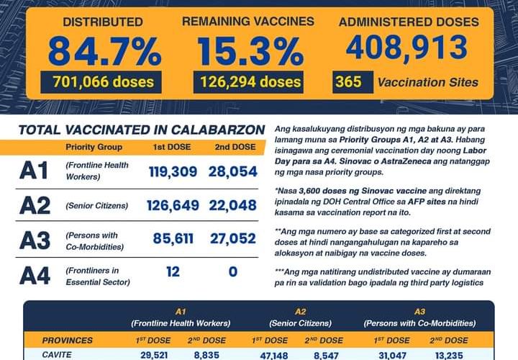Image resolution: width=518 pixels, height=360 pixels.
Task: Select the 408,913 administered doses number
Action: click(x=407, y=48)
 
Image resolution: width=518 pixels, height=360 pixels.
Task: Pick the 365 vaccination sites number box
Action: click(x=348, y=81)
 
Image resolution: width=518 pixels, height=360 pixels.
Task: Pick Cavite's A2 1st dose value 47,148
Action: click(x=269, y=355)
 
